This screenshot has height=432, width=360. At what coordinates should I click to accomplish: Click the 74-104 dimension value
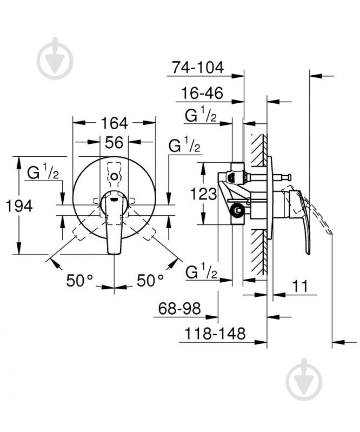tap(197, 67)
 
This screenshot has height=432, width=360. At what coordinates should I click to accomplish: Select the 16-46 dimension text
tap(200, 93)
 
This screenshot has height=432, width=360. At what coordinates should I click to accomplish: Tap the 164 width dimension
tap(114, 123)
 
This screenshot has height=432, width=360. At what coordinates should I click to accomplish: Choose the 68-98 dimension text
tap(179, 309)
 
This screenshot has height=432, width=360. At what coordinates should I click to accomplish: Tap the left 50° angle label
tap(80, 281)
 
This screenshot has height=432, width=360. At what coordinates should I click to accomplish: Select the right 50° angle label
tap(149, 281)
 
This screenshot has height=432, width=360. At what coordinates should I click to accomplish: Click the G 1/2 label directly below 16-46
tap(201, 116)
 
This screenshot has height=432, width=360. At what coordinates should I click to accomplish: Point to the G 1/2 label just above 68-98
tap(201, 273)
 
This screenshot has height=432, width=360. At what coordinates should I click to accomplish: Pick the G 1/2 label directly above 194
tap(43, 172)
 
